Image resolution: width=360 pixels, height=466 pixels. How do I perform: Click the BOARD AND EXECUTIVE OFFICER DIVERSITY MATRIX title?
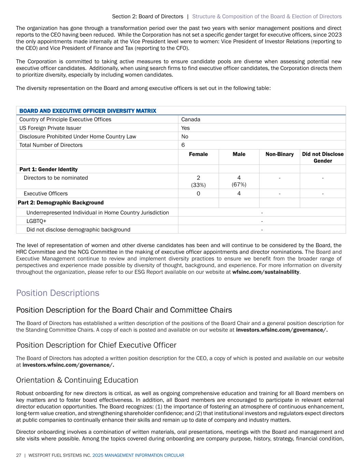pyautogui.click(x=88, y=111)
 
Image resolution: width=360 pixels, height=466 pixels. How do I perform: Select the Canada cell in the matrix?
pyautogui.click(x=191, y=119)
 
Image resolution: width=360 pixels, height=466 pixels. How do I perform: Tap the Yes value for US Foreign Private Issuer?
pyautogui.click(x=186, y=128)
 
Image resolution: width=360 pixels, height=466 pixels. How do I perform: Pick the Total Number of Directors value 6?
pyautogui.click(x=183, y=145)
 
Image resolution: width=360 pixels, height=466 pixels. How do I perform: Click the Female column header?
pyautogui.click(x=198, y=154)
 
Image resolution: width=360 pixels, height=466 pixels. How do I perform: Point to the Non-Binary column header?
pyautogui.click(x=279, y=154)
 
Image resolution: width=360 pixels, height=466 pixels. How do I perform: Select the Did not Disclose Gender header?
pyautogui.click(x=323, y=157)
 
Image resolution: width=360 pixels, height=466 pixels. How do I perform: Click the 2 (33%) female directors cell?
pyautogui.click(x=198, y=181)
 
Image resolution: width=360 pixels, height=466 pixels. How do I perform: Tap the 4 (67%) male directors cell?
pyautogui.click(x=239, y=181)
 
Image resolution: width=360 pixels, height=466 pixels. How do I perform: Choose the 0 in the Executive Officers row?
pyautogui.click(x=198, y=194)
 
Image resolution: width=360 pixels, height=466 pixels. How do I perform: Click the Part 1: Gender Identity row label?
pyautogui.click(x=48, y=169)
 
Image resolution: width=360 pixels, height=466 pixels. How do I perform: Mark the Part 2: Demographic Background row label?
pyautogui.click(x=61, y=203)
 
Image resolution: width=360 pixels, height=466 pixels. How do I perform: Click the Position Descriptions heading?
pyautogui.click(x=58, y=293)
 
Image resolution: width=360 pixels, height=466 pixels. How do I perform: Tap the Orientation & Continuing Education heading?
pyautogui.click(x=77, y=380)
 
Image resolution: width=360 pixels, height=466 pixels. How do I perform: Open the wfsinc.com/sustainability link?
pyautogui.click(x=266, y=272)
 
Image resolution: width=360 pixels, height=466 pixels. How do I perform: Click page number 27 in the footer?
pyautogui.click(x=18, y=455)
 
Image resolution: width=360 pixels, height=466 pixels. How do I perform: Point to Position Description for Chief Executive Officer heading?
pyautogui.click(x=96, y=345)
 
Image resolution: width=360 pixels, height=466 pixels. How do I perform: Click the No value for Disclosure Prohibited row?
pyautogui.click(x=185, y=137)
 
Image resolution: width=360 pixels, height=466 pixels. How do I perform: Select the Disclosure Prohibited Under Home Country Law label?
pyautogui.click(x=78, y=137)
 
